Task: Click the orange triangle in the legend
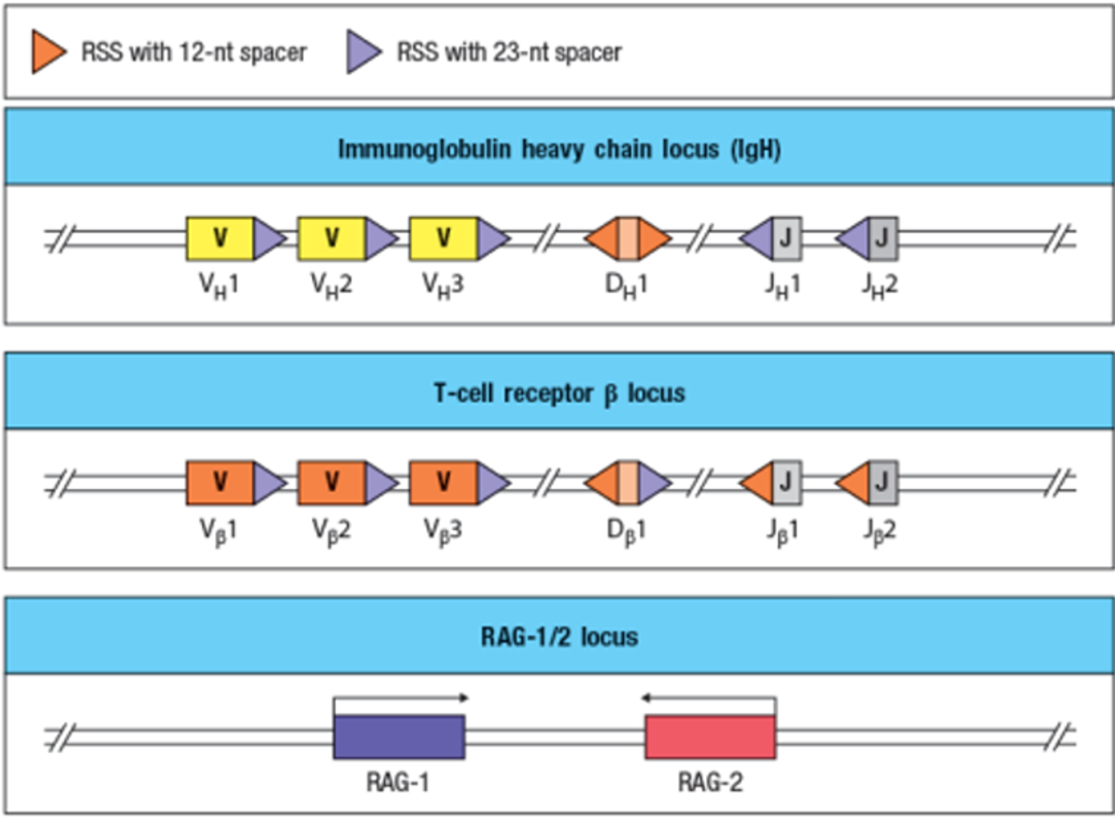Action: (47, 52)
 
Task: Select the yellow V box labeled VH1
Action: (220, 238)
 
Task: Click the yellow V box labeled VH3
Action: (444, 238)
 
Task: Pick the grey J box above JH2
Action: (883, 238)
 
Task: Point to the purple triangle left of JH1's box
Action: (759, 238)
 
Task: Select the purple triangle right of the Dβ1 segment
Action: (652, 482)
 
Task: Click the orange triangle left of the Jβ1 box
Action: (759, 482)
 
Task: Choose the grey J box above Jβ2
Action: (883, 482)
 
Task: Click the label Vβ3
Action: (443, 530)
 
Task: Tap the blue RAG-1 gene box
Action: (399, 737)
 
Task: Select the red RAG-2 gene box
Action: (710, 737)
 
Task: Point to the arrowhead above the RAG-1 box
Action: (464, 697)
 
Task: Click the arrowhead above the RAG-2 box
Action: (646, 697)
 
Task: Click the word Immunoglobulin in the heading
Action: (423, 149)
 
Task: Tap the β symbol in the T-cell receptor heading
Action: (610, 394)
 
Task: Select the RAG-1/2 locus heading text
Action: (559, 636)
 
